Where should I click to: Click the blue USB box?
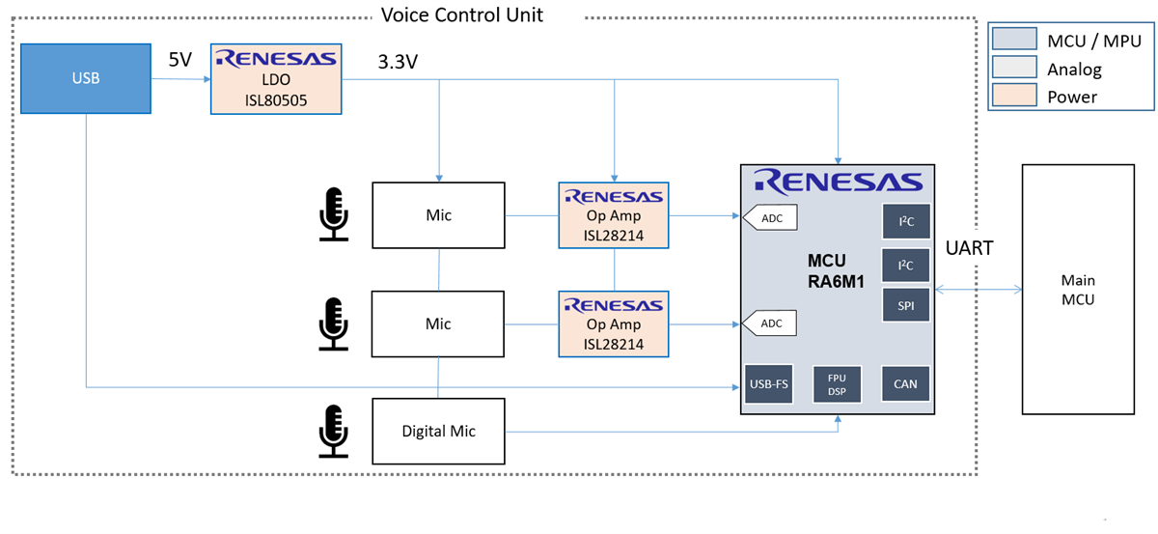(x=85, y=78)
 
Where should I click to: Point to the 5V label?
(x=180, y=60)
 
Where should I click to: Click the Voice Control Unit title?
(x=461, y=14)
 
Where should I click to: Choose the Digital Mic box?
(x=438, y=431)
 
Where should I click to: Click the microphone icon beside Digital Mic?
(x=334, y=431)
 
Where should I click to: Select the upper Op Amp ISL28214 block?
(x=614, y=215)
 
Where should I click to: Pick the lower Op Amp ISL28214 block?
(x=614, y=323)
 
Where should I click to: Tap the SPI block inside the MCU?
(x=905, y=305)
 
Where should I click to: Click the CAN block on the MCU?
(x=905, y=383)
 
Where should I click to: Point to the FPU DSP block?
(x=837, y=383)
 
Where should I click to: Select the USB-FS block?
(x=769, y=383)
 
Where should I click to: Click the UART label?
(x=970, y=248)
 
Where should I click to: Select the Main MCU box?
(x=1077, y=289)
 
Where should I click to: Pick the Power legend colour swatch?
(x=1013, y=97)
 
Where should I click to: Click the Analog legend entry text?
(x=1074, y=69)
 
